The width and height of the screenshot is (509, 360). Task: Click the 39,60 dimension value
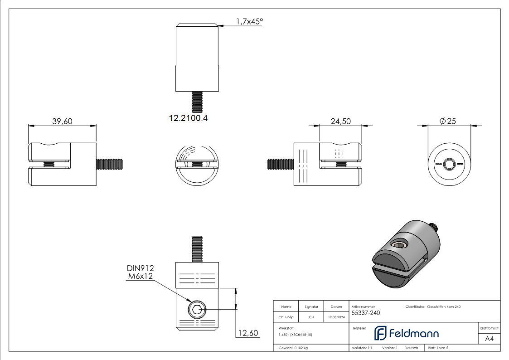(63, 121)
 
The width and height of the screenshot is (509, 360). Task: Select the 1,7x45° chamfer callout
(249, 21)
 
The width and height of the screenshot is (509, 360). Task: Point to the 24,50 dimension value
(340, 121)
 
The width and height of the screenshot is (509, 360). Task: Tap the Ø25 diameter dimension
(448, 121)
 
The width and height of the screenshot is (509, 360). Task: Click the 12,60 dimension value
(247, 333)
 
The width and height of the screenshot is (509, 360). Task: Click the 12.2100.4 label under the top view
(188, 118)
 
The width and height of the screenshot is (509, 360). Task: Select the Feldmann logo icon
(379, 333)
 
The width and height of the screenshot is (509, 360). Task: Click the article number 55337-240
(365, 312)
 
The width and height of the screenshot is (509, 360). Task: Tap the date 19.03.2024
(336, 317)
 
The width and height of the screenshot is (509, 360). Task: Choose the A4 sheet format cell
(490, 339)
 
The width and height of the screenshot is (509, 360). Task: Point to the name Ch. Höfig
(286, 317)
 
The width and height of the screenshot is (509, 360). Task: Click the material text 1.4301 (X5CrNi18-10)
(296, 334)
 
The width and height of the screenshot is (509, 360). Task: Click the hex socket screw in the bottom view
(197, 310)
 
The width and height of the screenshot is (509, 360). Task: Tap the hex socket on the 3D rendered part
(399, 246)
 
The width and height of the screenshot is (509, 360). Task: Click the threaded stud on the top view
(197, 101)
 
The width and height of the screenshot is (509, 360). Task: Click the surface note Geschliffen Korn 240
(444, 307)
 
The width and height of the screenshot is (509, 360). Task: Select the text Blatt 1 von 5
(438, 348)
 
